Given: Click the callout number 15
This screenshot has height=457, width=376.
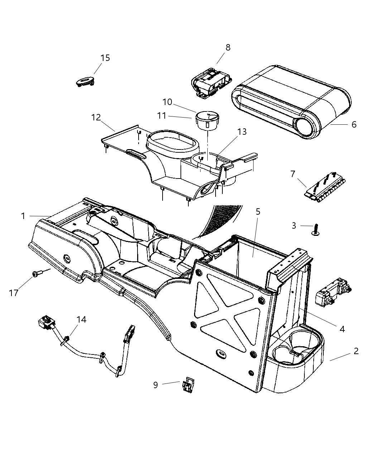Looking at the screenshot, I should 105,58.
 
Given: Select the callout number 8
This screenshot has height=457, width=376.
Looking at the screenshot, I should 228,47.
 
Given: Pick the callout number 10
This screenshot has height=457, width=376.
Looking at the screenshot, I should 167,102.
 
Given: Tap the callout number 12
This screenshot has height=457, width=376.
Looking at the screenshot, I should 96,117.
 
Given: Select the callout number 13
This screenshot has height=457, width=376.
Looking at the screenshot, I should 242,132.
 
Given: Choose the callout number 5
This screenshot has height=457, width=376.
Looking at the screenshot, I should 258,211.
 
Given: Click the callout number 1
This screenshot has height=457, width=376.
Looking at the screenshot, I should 23,216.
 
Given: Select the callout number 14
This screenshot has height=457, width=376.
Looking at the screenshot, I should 82,319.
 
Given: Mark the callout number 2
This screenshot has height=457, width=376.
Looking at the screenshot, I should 356,351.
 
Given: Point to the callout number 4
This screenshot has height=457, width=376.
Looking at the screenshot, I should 342,329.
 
